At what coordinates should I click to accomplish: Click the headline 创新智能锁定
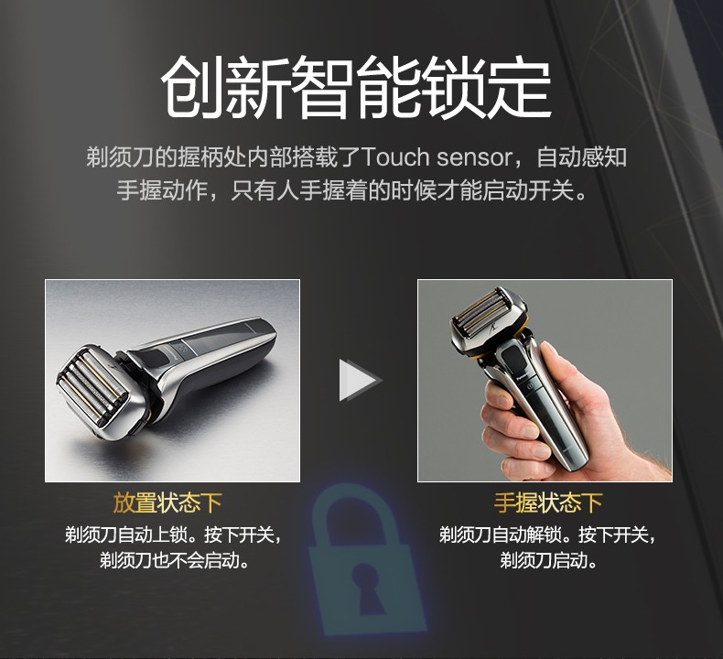click(356, 88)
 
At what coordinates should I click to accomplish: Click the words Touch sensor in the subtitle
click(437, 157)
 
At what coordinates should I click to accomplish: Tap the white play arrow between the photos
click(360, 381)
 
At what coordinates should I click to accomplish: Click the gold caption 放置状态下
click(167, 502)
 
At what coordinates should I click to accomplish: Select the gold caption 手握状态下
click(548, 502)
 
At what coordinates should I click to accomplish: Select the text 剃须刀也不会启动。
click(175, 561)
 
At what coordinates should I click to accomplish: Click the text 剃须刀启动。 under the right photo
click(549, 561)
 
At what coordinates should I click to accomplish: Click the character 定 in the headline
click(520, 88)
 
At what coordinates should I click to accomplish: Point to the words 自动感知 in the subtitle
click(582, 157)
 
